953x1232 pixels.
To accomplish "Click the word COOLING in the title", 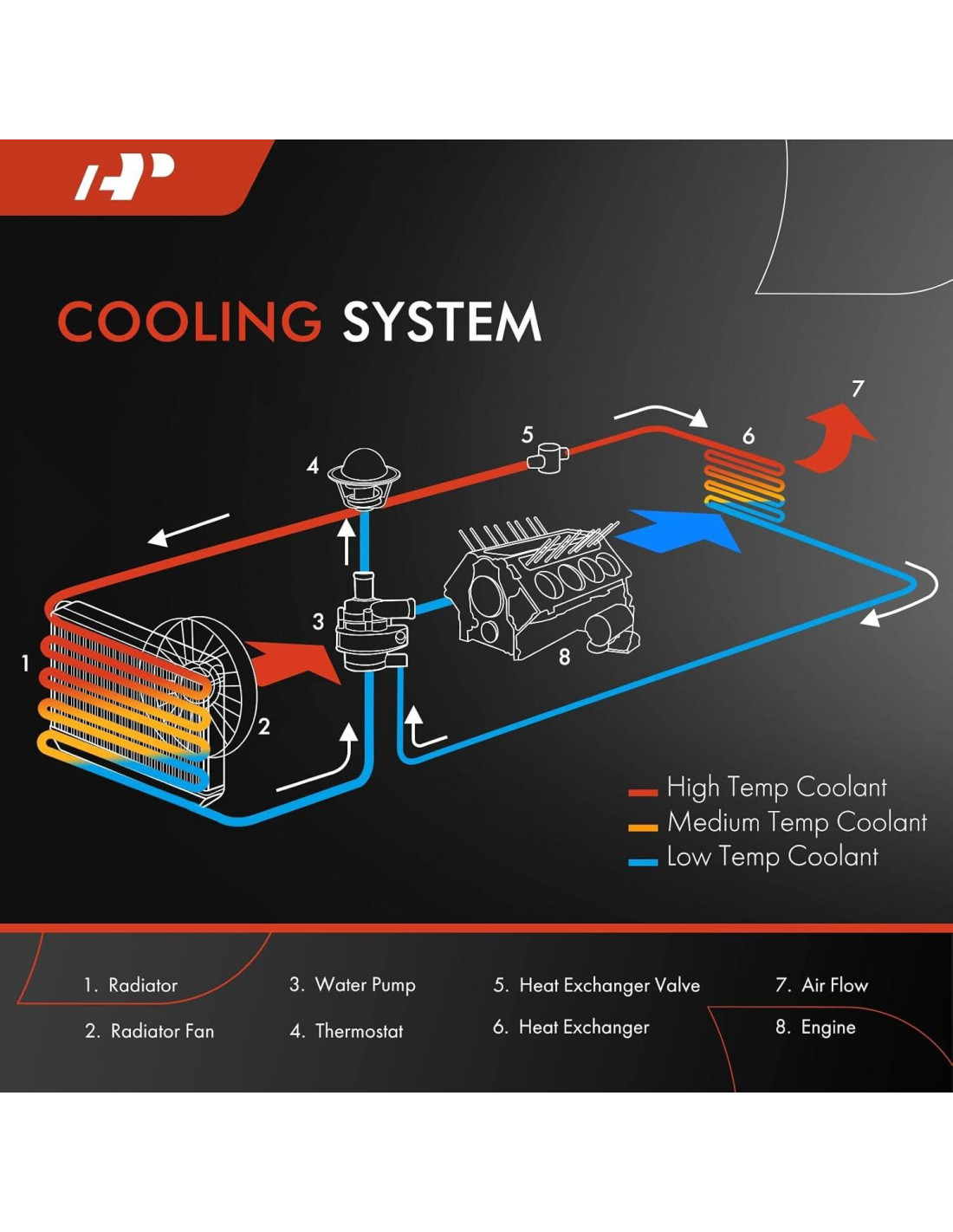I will (x=189, y=321).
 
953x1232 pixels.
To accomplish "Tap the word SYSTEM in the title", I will (x=442, y=322).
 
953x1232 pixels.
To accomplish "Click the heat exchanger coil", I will (x=744, y=484).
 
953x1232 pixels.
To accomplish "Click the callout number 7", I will (x=858, y=388).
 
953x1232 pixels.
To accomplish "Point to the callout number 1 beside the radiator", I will (x=25, y=663).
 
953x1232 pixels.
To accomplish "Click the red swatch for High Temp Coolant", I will (x=643, y=792).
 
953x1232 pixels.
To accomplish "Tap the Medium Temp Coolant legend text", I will (x=796, y=822).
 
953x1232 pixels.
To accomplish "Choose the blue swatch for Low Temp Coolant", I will (x=643, y=862).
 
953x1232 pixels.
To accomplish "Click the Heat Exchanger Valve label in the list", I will (x=609, y=985).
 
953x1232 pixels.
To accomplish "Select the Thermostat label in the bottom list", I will (x=359, y=1031).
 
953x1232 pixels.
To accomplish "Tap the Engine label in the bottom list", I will (x=827, y=1028).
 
